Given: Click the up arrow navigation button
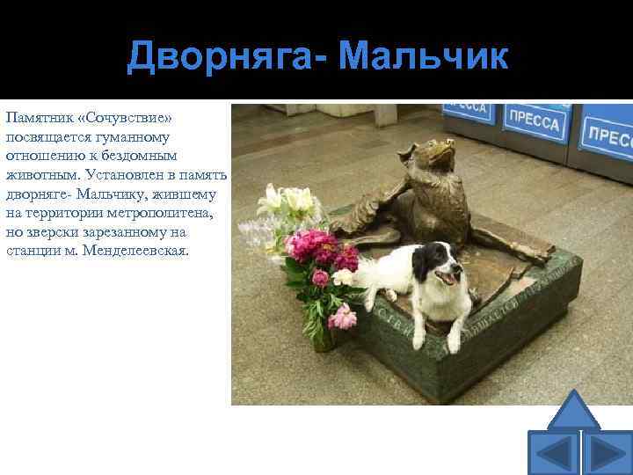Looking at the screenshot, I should pos(573,410).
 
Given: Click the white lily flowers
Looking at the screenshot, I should pos(286,204).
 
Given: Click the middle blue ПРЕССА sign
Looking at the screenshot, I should pos(532,123).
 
